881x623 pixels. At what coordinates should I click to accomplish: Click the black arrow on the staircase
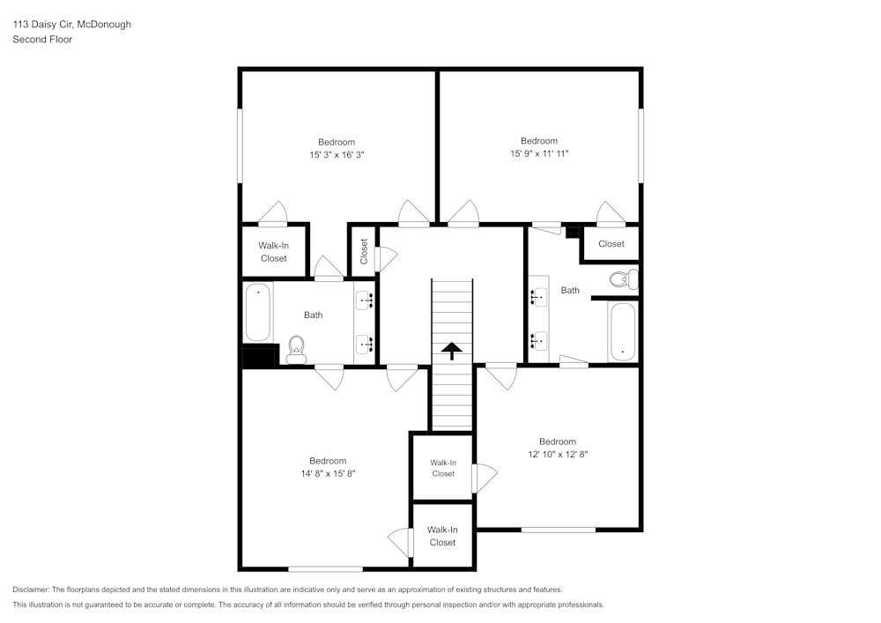pyautogui.click(x=451, y=352)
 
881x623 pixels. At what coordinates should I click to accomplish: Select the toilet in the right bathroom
pyautogui.click(x=624, y=280)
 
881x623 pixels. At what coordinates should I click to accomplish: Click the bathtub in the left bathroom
pyautogui.click(x=258, y=312)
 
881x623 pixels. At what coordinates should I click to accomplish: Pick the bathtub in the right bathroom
pyautogui.click(x=622, y=332)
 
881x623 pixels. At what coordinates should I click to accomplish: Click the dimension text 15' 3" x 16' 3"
pyautogui.click(x=337, y=155)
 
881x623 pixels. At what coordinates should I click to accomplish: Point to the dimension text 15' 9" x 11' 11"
pyautogui.click(x=538, y=154)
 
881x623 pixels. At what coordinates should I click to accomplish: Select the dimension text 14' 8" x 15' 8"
pyautogui.click(x=328, y=473)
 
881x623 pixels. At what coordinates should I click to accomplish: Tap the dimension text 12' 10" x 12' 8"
pyautogui.click(x=558, y=455)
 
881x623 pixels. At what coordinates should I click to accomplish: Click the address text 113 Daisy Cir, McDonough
pyautogui.click(x=71, y=25)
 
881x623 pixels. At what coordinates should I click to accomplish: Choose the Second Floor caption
pyautogui.click(x=42, y=40)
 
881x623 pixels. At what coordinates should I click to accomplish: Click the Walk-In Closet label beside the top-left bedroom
pyautogui.click(x=273, y=252)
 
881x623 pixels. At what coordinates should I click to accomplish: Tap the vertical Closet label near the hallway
pyautogui.click(x=364, y=251)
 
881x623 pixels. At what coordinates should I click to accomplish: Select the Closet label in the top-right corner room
pyautogui.click(x=611, y=244)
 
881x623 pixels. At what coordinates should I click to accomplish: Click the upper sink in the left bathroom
pyautogui.click(x=366, y=300)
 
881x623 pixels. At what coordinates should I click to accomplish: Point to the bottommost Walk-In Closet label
pyautogui.click(x=442, y=536)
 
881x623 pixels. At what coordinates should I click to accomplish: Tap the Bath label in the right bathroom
pyautogui.click(x=570, y=290)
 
